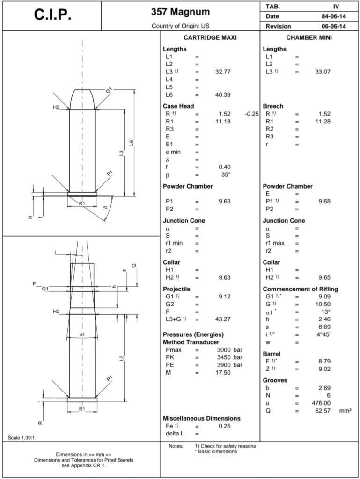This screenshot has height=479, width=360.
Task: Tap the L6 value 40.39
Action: coord(223,95)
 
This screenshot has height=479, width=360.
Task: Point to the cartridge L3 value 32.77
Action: coord(223,72)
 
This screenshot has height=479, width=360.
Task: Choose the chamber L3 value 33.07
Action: coord(323,72)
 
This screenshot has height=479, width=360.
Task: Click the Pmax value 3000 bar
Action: coord(229,350)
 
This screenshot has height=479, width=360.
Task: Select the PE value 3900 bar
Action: coord(229,365)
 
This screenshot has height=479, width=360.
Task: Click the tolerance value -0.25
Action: coord(251,114)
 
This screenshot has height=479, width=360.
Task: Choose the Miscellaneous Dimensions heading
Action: coord(201,418)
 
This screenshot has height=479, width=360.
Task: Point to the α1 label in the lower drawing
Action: coord(82,334)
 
